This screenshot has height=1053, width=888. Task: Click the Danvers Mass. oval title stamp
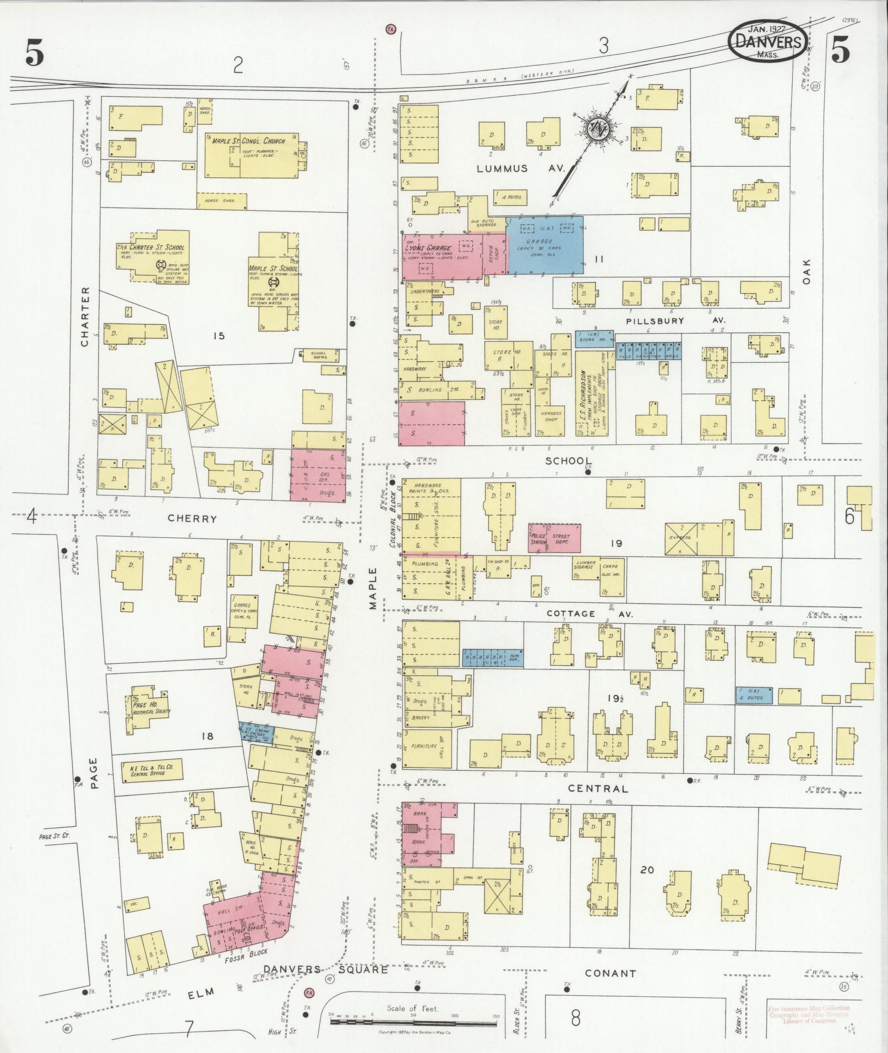pos(769,41)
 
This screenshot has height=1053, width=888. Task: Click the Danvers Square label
pos(325,969)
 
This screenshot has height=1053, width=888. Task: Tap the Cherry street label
pos(192,518)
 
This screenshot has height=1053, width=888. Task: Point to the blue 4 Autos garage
pos(754,695)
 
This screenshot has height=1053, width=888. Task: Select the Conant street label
pos(610,973)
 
